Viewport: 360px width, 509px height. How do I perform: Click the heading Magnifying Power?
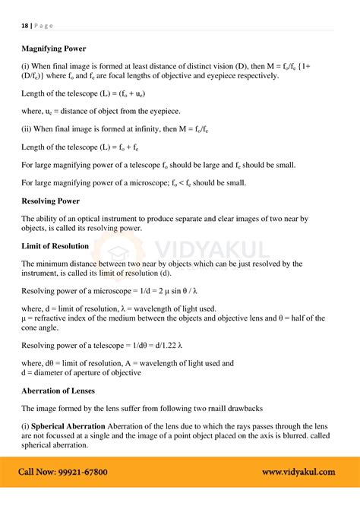click(x=54, y=48)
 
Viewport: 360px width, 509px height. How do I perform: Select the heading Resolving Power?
click(x=51, y=201)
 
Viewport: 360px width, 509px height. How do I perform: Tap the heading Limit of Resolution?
click(x=55, y=246)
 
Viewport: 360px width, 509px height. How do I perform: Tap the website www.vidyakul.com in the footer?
click(x=298, y=472)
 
